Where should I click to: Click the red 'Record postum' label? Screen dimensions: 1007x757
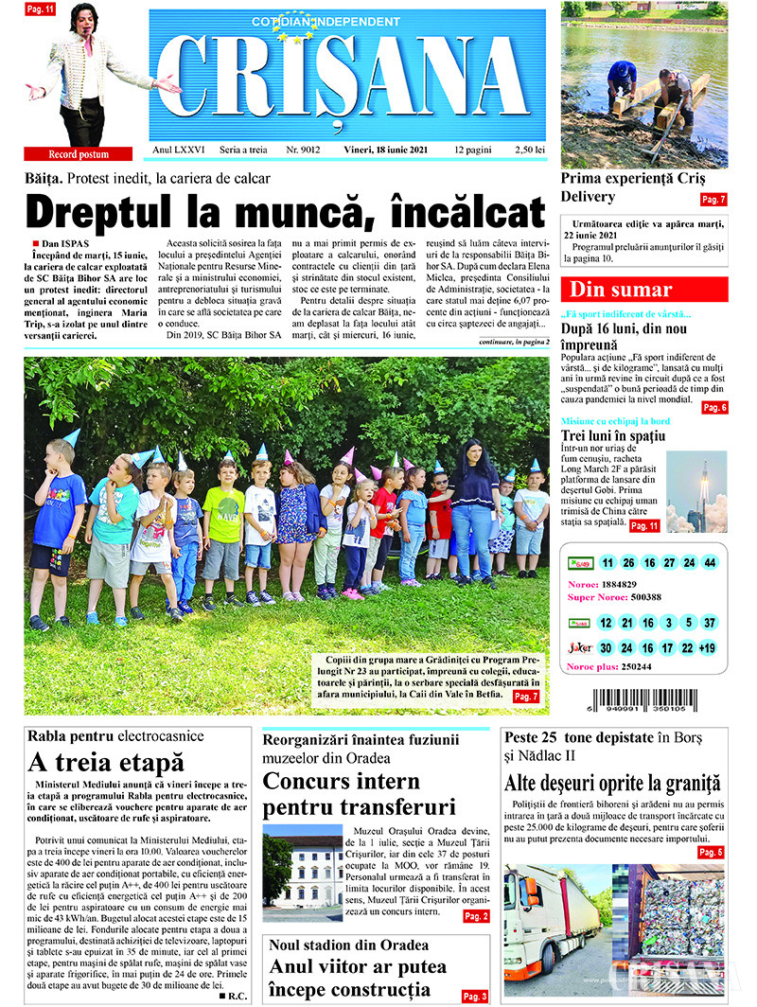pyautogui.click(x=79, y=154)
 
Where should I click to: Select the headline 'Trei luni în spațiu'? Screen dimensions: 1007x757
pyautogui.click(x=612, y=435)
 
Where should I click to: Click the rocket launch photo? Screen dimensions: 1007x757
pyautogui.click(x=696, y=490)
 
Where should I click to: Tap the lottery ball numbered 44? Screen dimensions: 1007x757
pyautogui.click(x=710, y=562)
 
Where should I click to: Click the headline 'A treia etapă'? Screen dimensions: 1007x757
pyautogui.click(x=106, y=762)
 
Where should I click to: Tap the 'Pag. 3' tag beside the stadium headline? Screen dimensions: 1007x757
pyautogui.click(x=475, y=996)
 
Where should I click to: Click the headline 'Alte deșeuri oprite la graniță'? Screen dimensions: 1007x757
pyautogui.click(x=612, y=784)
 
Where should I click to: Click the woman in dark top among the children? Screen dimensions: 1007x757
pyautogui.click(x=473, y=511)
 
